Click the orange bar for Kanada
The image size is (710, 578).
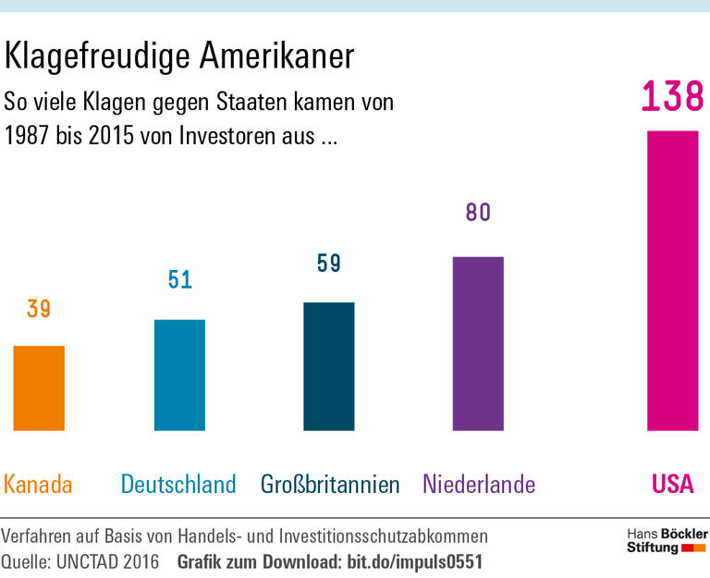tap(39, 388)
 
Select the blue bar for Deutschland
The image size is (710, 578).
tap(179, 375)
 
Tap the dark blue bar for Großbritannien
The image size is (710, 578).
tap(329, 366)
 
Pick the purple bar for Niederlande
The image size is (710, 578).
tap(478, 343)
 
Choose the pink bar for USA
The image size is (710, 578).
tap(672, 280)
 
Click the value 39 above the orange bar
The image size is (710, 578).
tap(39, 309)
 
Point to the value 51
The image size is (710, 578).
tap(179, 279)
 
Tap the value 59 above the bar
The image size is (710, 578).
tap(329, 264)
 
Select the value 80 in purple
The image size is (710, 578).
tap(478, 213)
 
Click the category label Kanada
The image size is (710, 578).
tap(38, 484)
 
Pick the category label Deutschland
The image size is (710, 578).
tap(178, 484)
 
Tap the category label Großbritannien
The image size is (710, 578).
tap(329, 484)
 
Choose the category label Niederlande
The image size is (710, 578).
tap(479, 484)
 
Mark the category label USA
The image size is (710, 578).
tap(672, 484)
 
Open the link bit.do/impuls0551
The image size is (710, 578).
tap(413, 561)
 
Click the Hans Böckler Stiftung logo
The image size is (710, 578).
tap(666, 541)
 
